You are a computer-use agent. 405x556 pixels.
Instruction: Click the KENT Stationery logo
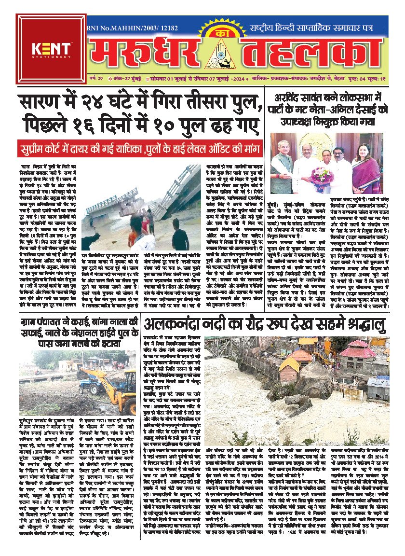tap(51, 49)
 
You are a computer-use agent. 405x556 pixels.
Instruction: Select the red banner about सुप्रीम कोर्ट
tap(140, 148)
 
